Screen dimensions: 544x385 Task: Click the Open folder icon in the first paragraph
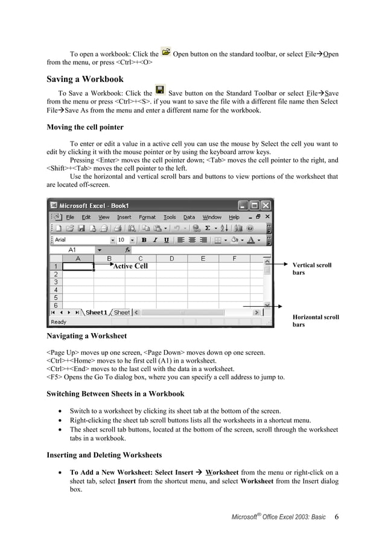tap(166, 53)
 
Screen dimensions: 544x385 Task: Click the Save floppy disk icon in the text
tap(160, 91)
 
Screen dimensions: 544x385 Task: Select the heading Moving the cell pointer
tap(85, 127)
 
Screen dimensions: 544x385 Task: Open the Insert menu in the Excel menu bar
tap(124, 217)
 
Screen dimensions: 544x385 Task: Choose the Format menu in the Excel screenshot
tap(147, 217)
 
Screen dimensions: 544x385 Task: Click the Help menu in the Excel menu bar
tap(234, 217)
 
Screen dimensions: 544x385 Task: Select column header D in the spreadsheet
tap(171, 258)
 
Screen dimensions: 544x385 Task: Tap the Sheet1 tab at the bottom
tap(96, 313)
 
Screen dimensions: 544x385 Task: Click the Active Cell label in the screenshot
tap(130, 266)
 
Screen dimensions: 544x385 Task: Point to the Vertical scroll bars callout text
tap(311, 269)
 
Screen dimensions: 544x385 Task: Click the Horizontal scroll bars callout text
tap(315, 320)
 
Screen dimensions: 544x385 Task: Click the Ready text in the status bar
tap(59, 322)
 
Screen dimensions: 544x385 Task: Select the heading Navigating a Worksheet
tap(86, 335)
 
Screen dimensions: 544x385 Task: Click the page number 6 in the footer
tap(336, 517)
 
